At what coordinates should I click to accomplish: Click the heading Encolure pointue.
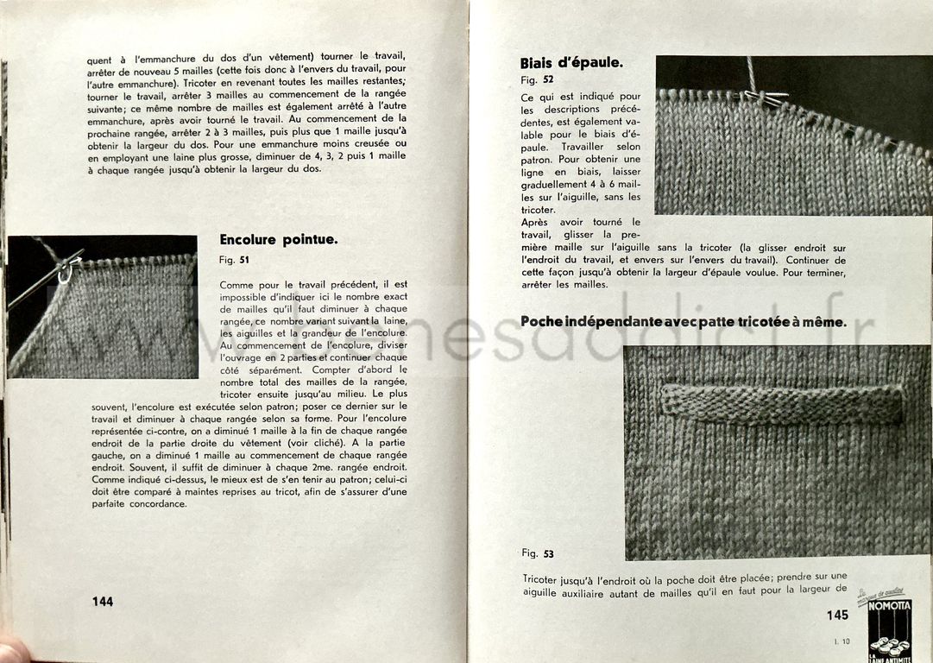tap(278, 240)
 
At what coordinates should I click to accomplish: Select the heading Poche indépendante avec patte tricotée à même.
tap(683, 321)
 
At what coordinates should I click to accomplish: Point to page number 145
tap(836, 615)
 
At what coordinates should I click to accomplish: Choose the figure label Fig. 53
tap(537, 553)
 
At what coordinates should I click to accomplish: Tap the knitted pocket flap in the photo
tap(782, 403)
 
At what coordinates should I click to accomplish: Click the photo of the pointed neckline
tap(103, 306)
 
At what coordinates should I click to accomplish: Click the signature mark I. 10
tap(841, 641)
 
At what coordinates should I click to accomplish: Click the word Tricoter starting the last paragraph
tap(544, 578)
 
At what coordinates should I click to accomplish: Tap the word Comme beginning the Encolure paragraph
tap(236, 284)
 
